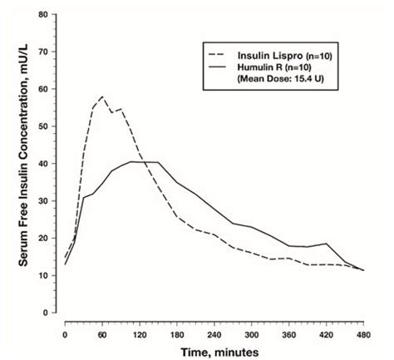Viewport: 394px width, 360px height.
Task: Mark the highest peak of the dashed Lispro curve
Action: [x=102, y=96]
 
